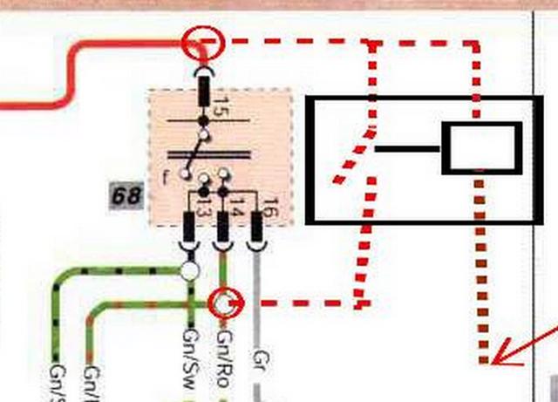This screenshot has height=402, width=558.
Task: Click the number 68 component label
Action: click(x=126, y=195)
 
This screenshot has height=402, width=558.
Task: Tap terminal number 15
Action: click(x=220, y=109)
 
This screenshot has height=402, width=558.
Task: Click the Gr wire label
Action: click(x=258, y=358)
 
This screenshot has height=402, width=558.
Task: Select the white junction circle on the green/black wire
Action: click(x=189, y=271)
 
